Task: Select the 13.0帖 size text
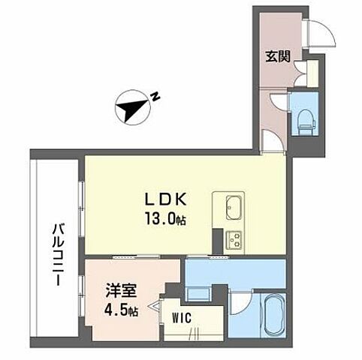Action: pyautogui.click(x=166, y=220)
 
